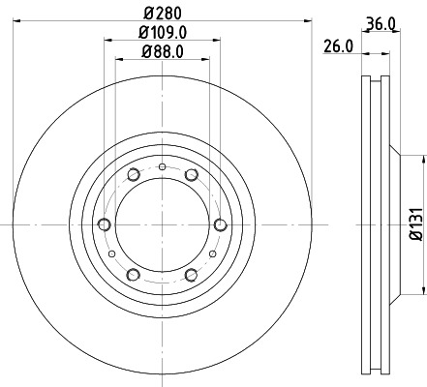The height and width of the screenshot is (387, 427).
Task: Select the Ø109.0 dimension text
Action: [x=162, y=34]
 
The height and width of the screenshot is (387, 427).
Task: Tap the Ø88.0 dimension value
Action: [x=162, y=52]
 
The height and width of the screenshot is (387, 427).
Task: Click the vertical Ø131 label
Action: [x=414, y=223]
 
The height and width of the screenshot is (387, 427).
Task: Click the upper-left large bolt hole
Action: [x=133, y=175]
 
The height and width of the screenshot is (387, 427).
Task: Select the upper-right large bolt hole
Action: [x=191, y=175]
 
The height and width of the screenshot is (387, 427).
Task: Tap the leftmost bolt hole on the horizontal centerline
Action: [x=104, y=224]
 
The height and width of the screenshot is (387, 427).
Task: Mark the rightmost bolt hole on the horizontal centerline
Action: [x=220, y=224]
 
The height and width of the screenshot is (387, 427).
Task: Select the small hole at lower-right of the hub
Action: [x=211, y=253]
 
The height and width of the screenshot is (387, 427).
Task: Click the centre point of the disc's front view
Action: [x=162, y=224]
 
